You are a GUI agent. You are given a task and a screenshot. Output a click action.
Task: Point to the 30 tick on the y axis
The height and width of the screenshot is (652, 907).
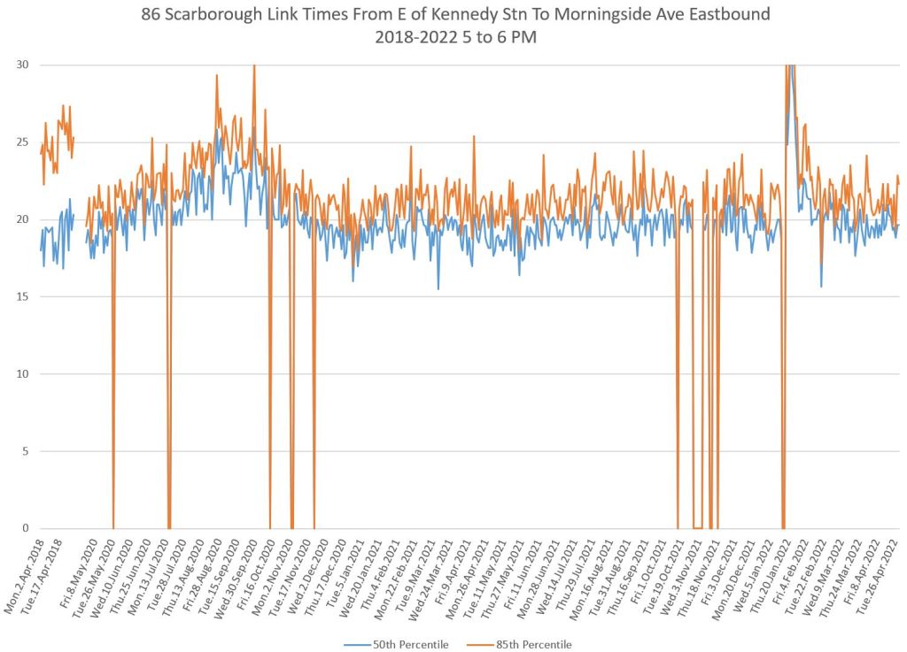23,65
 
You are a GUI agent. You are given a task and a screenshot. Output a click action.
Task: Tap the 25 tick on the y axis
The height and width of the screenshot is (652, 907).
23,142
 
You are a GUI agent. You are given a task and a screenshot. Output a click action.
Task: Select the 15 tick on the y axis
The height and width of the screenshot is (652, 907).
23,296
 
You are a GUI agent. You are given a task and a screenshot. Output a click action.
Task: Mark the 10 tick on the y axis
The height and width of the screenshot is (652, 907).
23,373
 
